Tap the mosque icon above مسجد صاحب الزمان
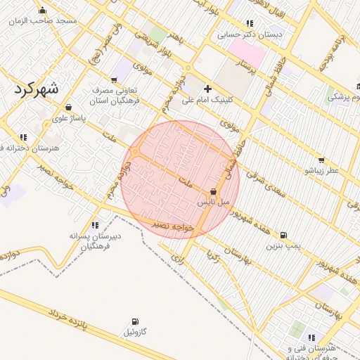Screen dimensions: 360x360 tap(43, 10)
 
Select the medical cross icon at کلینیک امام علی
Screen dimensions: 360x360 tap(207, 89)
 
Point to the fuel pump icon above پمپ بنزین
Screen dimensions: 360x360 tap(283, 235)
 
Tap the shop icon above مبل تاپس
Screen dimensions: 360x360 tap(213, 191)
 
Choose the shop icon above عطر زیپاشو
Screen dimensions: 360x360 tap(321, 160)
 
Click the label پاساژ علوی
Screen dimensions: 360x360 tap(68, 118)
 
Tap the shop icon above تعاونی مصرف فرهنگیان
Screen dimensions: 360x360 tap(114, 80)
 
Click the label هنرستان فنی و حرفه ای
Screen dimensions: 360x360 tap(319, 352)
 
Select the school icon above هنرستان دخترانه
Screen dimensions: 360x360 tap(23, 137)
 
